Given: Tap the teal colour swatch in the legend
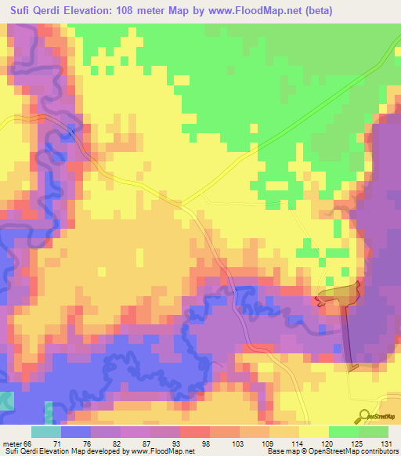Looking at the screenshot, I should [x=46, y=432].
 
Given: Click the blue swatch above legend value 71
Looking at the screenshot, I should [x=76, y=432].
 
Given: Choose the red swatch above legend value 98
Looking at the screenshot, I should [x=194, y=432].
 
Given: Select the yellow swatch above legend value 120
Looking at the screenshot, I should [x=313, y=432].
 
